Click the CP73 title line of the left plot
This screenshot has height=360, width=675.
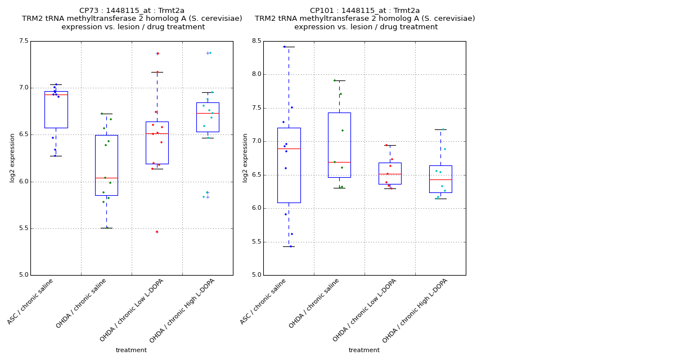pyautogui.click(x=132, y=11)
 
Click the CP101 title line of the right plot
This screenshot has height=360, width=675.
pyautogui.click(x=364, y=11)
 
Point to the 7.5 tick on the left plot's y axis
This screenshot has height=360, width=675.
pyautogui.click(x=23, y=41)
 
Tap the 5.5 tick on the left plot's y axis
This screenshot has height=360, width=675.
pyautogui.click(x=23, y=228)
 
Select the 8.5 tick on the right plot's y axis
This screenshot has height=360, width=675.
pyautogui.click(x=256, y=41)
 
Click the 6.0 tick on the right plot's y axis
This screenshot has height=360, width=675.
pyautogui.click(x=256, y=208)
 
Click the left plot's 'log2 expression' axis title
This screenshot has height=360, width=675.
pyautogui.click(x=12, y=157)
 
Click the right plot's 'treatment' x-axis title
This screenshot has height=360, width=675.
pyautogui.click(x=364, y=350)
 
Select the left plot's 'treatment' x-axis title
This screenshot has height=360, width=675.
pyautogui.click(x=131, y=350)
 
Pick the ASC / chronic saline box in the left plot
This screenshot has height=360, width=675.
pyautogui.click(x=56, y=110)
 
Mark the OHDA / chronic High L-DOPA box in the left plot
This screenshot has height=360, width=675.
pyautogui.click(x=208, y=117)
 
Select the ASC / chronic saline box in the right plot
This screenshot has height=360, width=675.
pyautogui.click(x=289, y=165)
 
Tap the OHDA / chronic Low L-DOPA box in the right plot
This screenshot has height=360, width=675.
pyautogui.click(x=390, y=173)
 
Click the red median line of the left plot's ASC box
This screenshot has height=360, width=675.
pyautogui.click(x=56, y=94)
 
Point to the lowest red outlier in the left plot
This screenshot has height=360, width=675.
pyautogui.click(x=157, y=232)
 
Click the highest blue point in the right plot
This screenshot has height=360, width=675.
pyautogui.click(x=285, y=47)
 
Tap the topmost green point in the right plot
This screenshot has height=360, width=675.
pyautogui.click(x=335, y=80)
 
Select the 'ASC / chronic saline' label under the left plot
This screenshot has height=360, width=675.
pyautogui.click(x=31, y=301)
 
